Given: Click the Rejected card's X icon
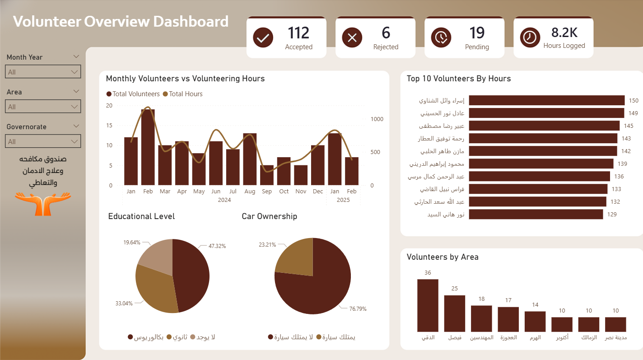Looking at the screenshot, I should click(x=352, y=37).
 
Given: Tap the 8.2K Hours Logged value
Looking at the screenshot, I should click(x=564, y=33).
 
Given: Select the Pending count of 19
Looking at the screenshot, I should click(x=476, y=33).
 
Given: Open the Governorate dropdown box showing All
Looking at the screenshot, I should click(x=43, y=141).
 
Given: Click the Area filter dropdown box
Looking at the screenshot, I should click(x=43, y=107).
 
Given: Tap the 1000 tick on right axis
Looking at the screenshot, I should click(x=377, y=119).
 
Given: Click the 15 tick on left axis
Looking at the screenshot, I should click(x=109, y=125).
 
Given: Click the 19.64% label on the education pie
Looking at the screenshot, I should click(x=132, y=243).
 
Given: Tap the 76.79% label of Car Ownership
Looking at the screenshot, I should click(x=358, y=309).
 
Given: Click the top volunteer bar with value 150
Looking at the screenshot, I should click(x=546, y=100).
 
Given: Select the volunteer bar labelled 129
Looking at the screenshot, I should click(x=536, y=214).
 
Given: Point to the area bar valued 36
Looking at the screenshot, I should click(x=428, y=305).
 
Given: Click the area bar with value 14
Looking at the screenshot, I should click(x=535, y=322).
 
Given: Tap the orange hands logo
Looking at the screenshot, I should click(x=43, y=203).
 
